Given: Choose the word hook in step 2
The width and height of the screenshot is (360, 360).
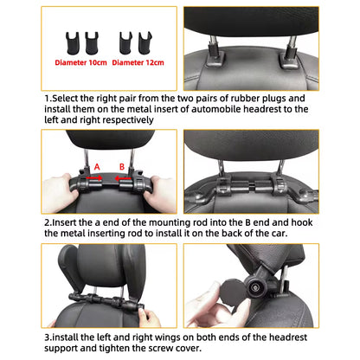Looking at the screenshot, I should point(288,222).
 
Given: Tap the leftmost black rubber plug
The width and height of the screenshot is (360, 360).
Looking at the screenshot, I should point(66,41).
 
